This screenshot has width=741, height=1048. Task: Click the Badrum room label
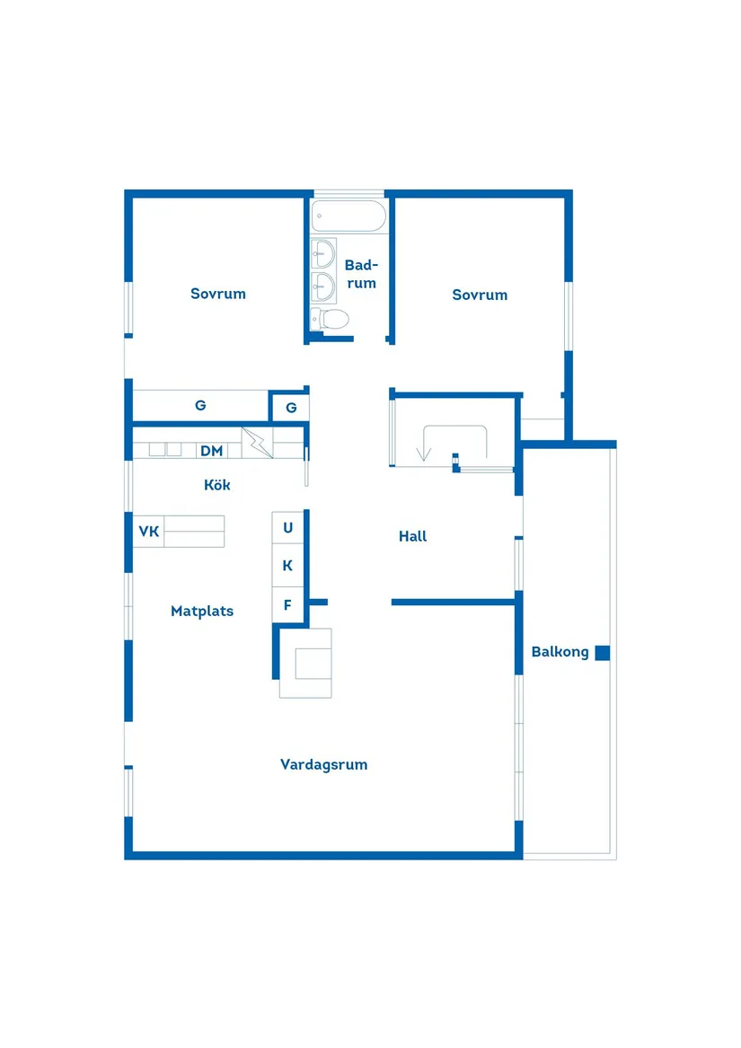tap(361, 274)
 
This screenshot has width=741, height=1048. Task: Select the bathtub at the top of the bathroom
tap(349, 216)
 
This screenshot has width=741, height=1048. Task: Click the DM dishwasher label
tap(211, 451)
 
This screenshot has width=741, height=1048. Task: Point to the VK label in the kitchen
tap(148, 532)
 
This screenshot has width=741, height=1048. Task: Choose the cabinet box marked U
tap(288, 528)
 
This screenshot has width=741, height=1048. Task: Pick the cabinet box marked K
tap(288, 566)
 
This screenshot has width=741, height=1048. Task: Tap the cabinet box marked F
tap(288, 605)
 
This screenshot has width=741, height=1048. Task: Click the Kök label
tap(217, 485)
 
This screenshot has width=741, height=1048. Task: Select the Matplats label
tap(202, 612)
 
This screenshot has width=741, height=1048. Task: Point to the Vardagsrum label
tap(323, 765)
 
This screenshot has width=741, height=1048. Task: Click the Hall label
tap(413, 537)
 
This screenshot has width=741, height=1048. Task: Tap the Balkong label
tap(560, 653)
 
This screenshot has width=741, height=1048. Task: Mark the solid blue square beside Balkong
tap(603, 653)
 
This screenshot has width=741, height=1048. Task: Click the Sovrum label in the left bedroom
tap(218, 294)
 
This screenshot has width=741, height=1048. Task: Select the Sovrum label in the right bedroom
tap(480, 295)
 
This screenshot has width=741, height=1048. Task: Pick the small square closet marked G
tap(291, 408)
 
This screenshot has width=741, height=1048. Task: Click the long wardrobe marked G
tap(200, 405)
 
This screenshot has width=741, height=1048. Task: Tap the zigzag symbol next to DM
tap(257, 444)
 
